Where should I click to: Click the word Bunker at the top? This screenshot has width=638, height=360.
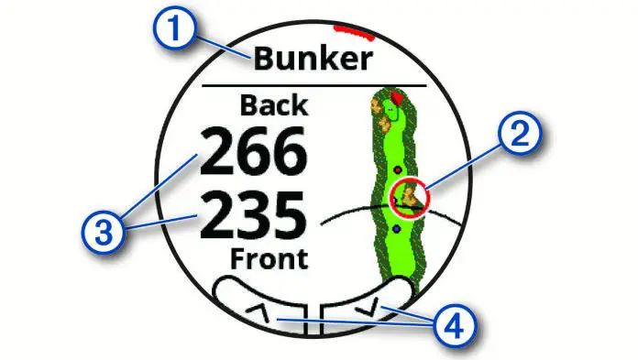pyautogui.click(x=313, y=60)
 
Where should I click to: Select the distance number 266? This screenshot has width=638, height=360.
pyautogui.click(x=252, y=153)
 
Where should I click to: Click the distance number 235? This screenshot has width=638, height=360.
pyautogui.click(x=252, y=218)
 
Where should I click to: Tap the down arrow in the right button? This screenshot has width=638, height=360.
pyautogui.click(x=374, y=311)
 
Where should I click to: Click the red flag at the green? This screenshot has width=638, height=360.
pyautogui.click(x=396, y=96)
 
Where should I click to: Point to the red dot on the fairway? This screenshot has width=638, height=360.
pyautogui.click(x=396, y=170)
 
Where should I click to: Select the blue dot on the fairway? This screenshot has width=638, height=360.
pyautogui.click(x=395, y=228)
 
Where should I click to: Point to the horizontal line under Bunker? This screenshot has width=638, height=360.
pyautogui.click(x=313, y=85)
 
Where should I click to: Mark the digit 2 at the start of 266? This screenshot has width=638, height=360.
pyautogui.click(x=217, y=153)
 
